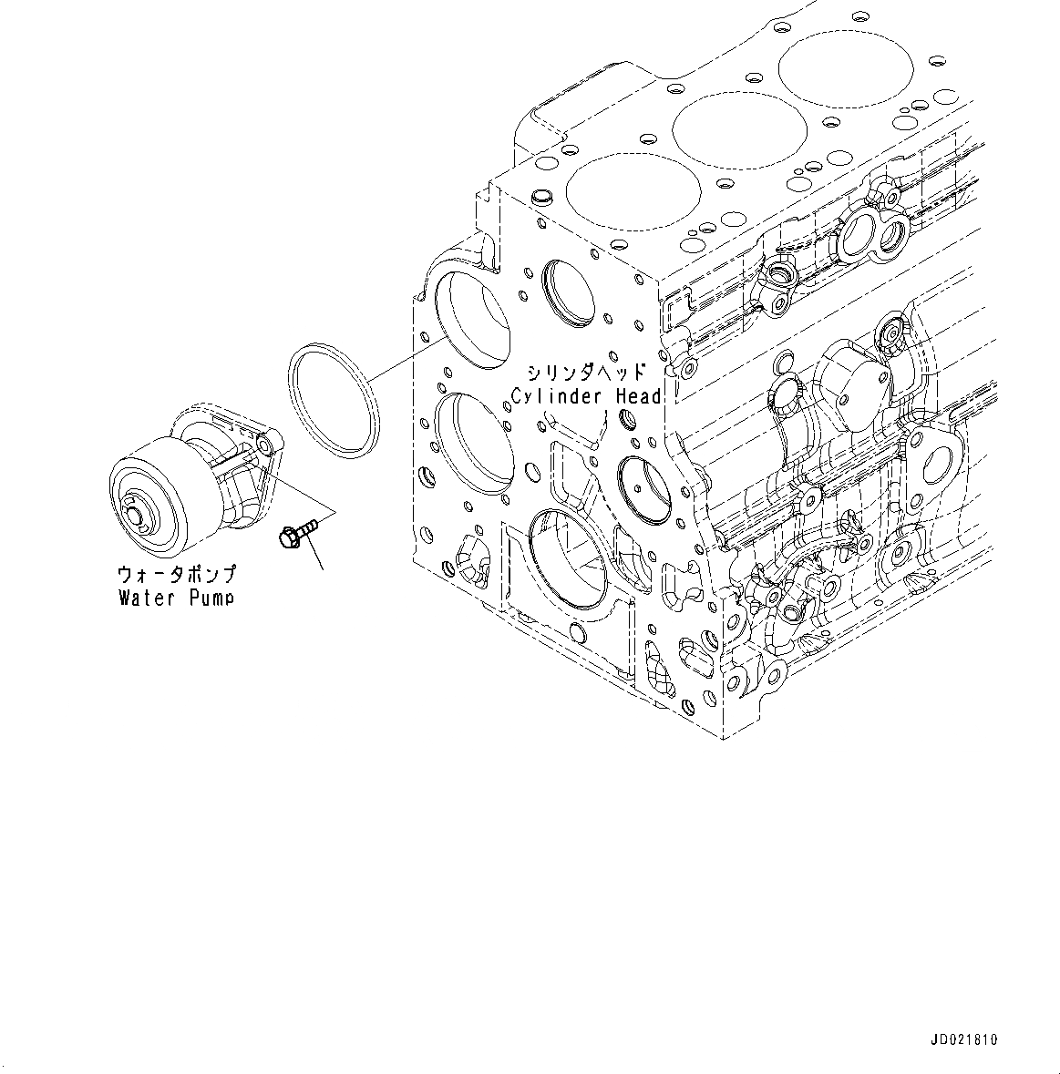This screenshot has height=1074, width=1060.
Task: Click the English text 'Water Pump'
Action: pos(177,598)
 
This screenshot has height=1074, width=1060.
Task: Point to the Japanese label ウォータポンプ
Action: pos(177,574)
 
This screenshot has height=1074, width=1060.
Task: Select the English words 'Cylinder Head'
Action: pos(586,396)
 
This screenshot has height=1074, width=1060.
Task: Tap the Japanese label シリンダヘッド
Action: pos(586,373)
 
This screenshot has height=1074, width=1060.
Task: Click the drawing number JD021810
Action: pos(965,1039)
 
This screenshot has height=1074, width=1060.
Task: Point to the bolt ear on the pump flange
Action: pos(264,444)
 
